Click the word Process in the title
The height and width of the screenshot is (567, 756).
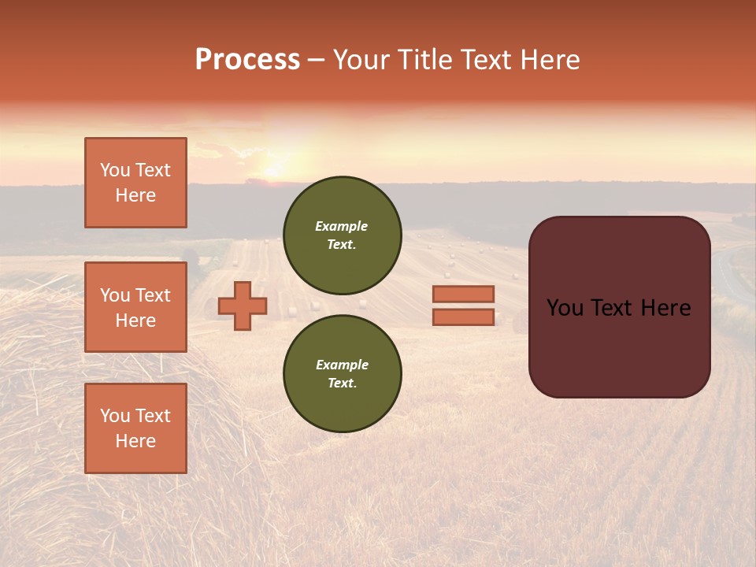[x=247, y=60]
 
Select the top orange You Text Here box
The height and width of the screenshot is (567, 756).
[x=135, y=183]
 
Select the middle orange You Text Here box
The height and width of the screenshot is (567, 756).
[x=135, y=307]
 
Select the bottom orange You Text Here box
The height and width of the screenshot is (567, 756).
[x=135, y=428]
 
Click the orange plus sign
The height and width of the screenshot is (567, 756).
[x=243, y=306]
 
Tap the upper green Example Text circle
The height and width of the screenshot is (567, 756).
[x=342, y=235]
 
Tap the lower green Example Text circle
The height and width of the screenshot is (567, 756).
[x=342, y=374]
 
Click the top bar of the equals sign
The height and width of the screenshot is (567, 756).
[x=463, y=294]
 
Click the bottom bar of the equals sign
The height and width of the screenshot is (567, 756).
[x=463, y=317]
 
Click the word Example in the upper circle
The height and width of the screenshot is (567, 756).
[x=342, y=226]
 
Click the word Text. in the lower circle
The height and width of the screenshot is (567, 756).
[x=342, y=384]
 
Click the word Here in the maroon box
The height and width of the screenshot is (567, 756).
[x=665, y=308]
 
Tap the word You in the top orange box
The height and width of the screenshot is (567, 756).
[x=115, y=170]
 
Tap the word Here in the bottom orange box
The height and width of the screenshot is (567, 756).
[x=135, y=441]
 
